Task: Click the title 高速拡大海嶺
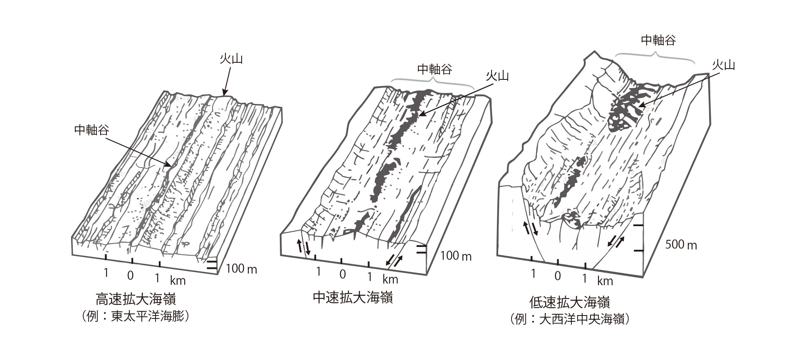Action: pyautogui.click(x=136, y=300)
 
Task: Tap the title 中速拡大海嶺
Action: pyautogui.click(x=353, y=298)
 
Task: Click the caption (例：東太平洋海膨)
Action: pyautogui.click(x=136, y=317)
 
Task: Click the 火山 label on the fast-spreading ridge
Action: pyautogui.click(x=231, y=59)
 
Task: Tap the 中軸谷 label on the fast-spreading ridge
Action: pyautogui.click(x=91, y=131)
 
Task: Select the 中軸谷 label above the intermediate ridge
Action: pyautogui.click(x=435, y=69)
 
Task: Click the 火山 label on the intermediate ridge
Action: pyautogui.click(x=497, y=76)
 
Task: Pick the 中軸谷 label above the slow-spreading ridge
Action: pyautogui.click(x=658, y=40)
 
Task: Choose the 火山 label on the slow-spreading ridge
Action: pyautogui.click(x=724, y=65)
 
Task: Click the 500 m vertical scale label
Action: pyautogui.click(x=681, y=245)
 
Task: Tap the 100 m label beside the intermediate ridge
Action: pyautogui.click(x=456, y=256)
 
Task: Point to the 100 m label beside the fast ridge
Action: pyautogui.click(x=242, y=270)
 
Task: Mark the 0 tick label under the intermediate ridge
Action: pyautogui.click(x=342, y=274)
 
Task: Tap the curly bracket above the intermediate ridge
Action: pyautogui.click(x=432, y=82)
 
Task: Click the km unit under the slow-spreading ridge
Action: pyautogui.click(x=605, y=281)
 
